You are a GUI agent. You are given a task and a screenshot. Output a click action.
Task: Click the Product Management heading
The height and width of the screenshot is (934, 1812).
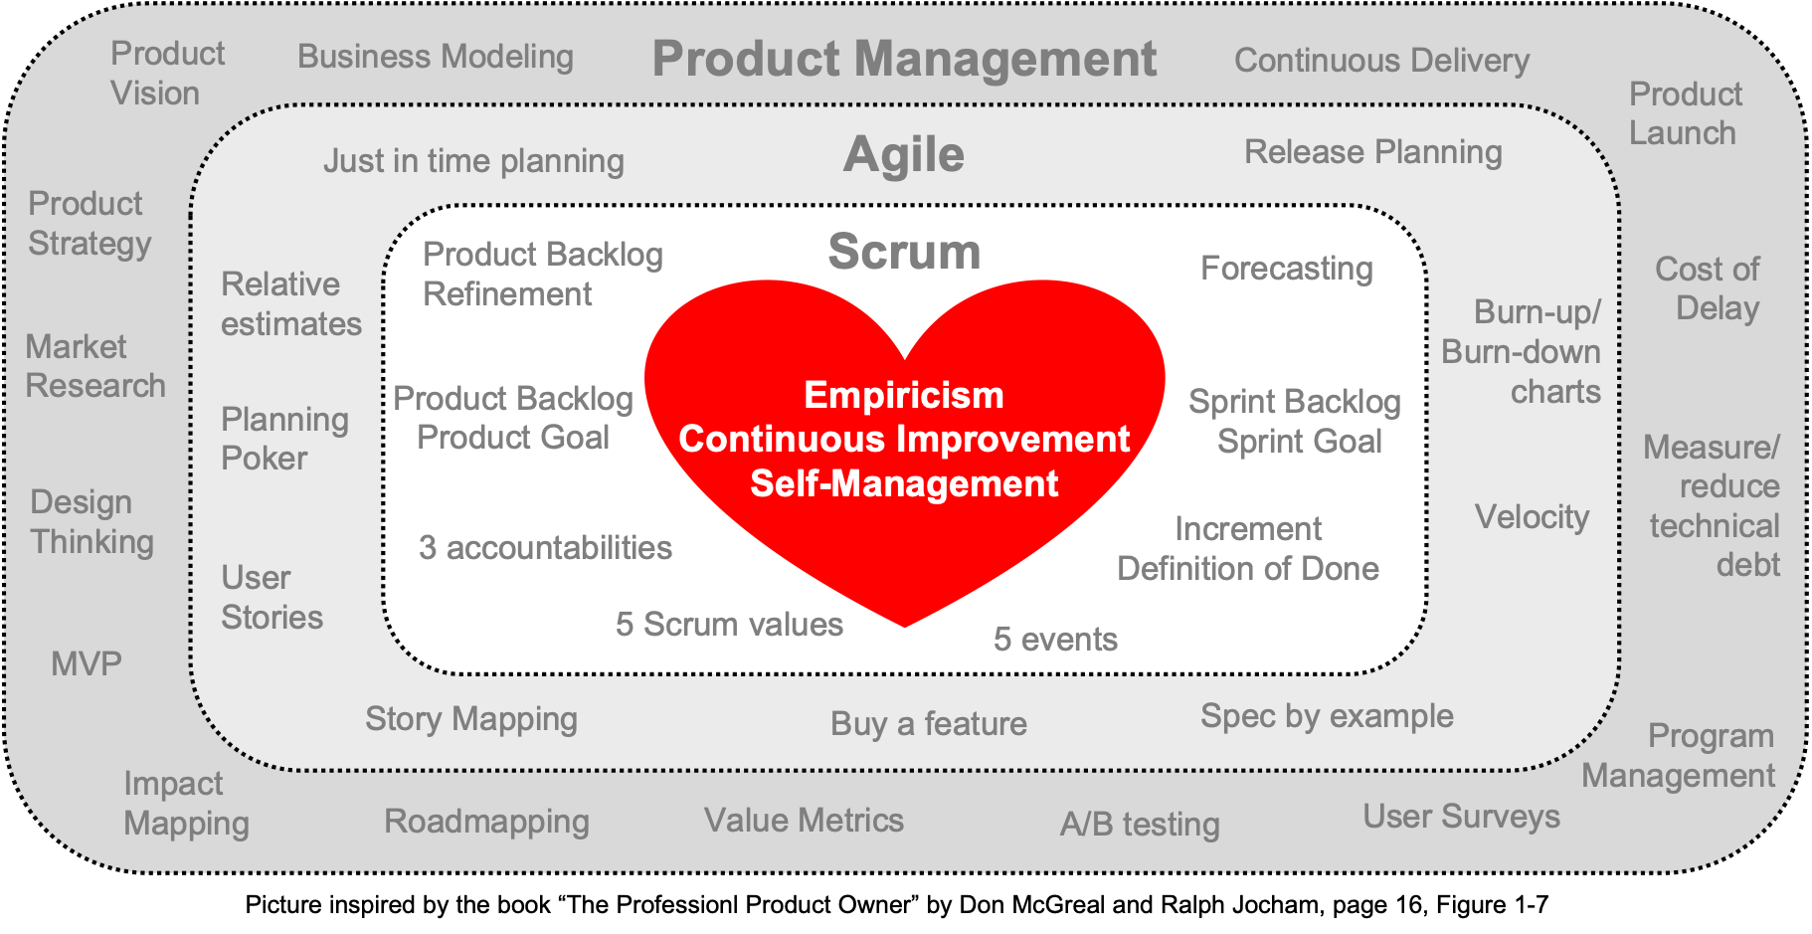(x=904, y=60)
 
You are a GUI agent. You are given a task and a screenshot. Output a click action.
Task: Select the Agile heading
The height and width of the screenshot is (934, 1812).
(x=904, y=155)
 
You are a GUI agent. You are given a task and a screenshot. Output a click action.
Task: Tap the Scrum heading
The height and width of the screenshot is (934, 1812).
(x=904, y=251)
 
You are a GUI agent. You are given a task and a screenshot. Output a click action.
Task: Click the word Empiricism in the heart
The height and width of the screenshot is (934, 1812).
(x=904, y=395)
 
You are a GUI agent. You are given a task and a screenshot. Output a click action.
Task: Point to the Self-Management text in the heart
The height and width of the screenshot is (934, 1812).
(x=904, y=483)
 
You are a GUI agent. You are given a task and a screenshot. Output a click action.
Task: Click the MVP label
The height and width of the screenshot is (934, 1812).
(x=87, y=663)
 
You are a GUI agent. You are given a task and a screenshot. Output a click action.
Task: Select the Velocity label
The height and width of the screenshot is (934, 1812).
(x=1532, y=517)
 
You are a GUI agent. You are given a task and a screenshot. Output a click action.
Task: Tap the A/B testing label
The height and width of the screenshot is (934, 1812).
(x=1140, y=824)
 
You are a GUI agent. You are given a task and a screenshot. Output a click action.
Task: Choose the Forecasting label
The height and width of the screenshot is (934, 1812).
(x=1287, y=269)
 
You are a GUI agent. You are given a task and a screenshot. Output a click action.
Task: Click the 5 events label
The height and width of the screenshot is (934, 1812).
(x=1055, y=639)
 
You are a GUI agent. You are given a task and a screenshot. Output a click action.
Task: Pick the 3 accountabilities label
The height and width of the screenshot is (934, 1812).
(x=545, y=548)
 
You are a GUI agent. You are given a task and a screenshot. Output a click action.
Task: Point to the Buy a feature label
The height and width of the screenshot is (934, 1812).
(x=929, y=723)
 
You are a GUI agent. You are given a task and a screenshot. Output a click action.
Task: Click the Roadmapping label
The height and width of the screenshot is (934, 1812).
(x=486, y=822)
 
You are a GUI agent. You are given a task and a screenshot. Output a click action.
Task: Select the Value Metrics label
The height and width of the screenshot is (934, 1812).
(x=804, y=820)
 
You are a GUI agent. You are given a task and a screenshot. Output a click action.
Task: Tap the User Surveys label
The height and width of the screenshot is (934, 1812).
(x=1461, y=817)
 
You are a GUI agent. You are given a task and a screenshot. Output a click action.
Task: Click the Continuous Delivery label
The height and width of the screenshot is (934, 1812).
(x=1381, y=61)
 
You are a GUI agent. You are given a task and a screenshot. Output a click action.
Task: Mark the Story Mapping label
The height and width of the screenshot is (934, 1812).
(x=471, y=719)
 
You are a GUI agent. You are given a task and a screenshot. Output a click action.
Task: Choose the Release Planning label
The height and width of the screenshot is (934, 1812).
(x=1373, y=152)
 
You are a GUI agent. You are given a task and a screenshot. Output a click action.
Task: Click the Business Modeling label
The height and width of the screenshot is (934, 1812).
(x=436, y=57)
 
